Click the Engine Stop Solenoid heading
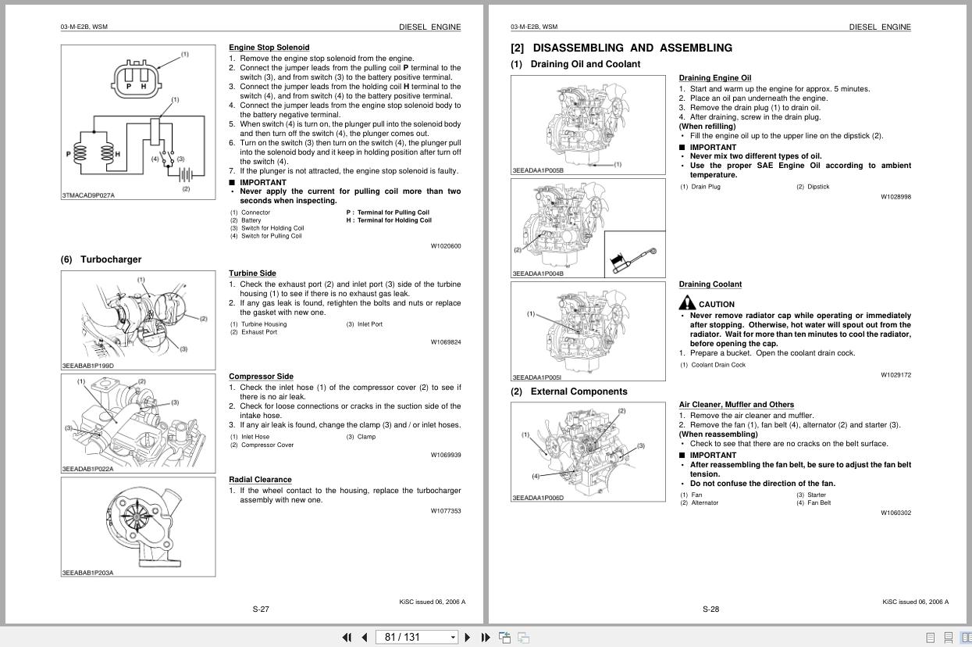(x=269, y=48)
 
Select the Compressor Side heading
(x=261, y=377)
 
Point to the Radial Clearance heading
(x=260, y=480)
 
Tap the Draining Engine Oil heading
(x=714, y=78)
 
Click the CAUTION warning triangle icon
(x=686, y=303)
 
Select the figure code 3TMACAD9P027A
(x=88, y=195)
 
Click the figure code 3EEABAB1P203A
(x=87, y=573)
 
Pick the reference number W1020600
(x=446, y=246)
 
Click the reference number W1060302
(x=895, y=513)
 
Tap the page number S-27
(x=261, y=609)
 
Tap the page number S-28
(x=710, y=609)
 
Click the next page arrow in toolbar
(x=468, y=637)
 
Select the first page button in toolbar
(x=347, y=637)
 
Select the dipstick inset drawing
(x=635, y=254)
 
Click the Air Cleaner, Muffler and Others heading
(x=736, y=405)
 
